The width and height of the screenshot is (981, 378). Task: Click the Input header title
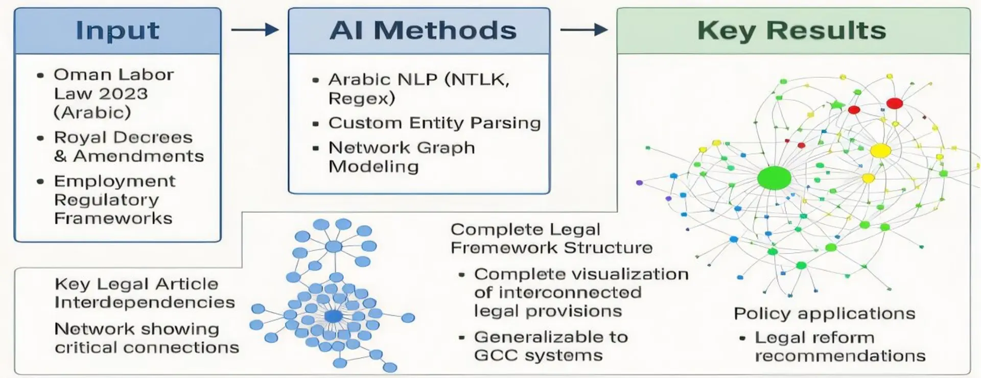118,31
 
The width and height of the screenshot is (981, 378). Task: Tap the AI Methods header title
423,31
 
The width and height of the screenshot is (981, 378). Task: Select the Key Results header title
791,31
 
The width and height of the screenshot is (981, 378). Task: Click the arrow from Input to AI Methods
254,30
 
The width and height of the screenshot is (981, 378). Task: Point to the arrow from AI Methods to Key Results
583,30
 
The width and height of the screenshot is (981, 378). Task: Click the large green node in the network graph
774,178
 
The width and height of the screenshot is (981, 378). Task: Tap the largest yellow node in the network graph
880,151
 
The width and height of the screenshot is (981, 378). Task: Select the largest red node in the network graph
894,103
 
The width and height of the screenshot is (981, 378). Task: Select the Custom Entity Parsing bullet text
434,123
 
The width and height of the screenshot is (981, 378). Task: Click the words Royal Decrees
123,137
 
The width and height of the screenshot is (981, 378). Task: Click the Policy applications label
824,314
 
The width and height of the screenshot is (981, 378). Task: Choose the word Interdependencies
145,302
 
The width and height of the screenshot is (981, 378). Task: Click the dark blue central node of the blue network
333,316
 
